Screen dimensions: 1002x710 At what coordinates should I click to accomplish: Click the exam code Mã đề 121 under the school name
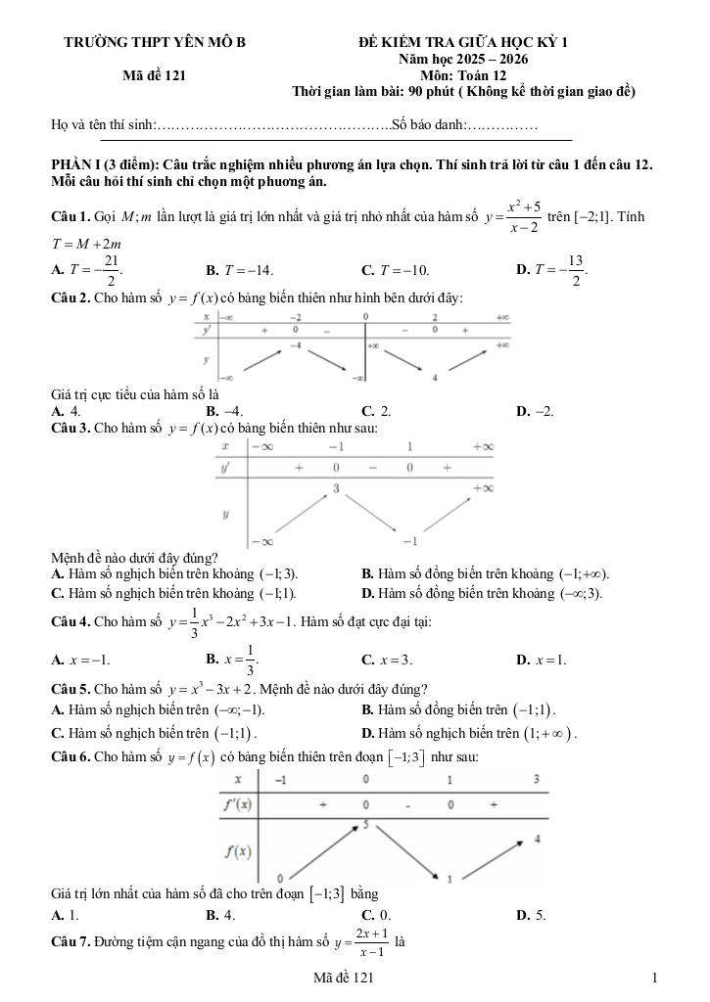coord(155,74)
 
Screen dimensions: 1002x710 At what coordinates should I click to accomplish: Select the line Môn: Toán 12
coord(463,74)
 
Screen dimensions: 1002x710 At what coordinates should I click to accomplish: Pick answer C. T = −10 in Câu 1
coord(395,270)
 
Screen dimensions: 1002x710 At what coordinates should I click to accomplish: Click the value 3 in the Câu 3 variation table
coord(336,486)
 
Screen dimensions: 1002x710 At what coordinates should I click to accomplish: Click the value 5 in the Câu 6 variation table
coord(365,825)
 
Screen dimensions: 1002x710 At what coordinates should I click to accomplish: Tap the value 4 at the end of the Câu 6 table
coord(538,840)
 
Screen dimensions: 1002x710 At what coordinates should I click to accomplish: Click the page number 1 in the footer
coord(653,978)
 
